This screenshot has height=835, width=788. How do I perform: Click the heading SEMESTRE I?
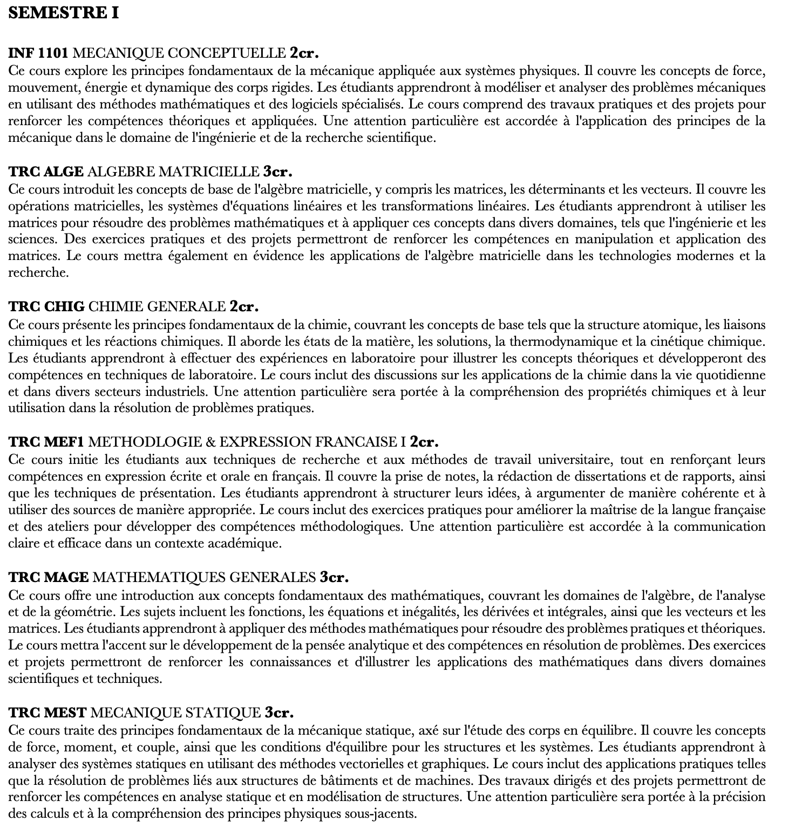click(x=64, y=13)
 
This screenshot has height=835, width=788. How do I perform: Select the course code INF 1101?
click(x=38, y=53)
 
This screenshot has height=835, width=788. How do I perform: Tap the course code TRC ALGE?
click(x=46, y=172)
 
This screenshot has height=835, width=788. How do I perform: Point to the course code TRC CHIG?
click(x=46, y=307)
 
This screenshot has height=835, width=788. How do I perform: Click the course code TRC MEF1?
click(x=46, y=442)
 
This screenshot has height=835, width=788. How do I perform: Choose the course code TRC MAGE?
click(x=49, y=578)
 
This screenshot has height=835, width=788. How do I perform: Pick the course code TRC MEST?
click(x=47, y=713)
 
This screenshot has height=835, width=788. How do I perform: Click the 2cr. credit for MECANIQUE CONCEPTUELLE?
click(x=304, y=53)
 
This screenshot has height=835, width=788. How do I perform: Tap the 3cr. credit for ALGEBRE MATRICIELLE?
click(x=277, y=172)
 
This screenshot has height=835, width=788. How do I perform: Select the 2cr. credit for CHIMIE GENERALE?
click(x=244, y=307)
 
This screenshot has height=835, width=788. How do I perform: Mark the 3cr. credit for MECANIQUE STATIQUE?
click(x=279, y=713)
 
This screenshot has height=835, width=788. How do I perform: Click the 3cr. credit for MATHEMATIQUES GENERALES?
click(x=334, y=578)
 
